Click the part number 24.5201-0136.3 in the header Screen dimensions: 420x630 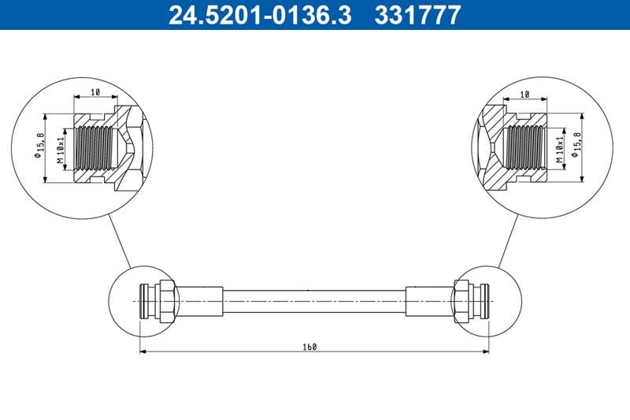[x=260, y=15]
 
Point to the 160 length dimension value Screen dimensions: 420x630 [x=313, y=347]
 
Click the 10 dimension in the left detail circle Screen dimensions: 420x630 [x=95, y=92]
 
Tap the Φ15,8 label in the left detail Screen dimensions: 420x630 [x=39, y=145]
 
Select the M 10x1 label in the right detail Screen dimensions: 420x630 [x=560, y=149]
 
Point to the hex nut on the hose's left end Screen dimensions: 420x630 [x=167, y=300]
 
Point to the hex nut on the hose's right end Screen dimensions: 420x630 [x=462, y=300]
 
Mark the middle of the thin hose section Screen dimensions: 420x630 [x=314, y=300]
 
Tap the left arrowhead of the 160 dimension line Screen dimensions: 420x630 [x=143, y=352]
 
